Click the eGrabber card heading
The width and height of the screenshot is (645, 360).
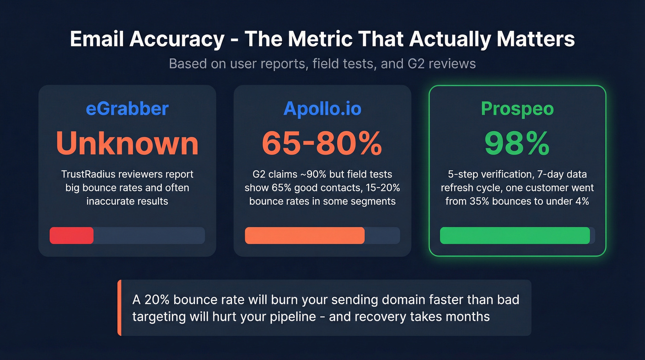pos(127,109)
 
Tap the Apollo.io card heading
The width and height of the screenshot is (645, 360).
pos(322,109)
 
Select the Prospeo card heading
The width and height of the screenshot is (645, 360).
pos(517,109)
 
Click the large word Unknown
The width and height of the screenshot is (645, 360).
pos(127,143)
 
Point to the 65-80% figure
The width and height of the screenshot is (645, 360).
pos(322,143)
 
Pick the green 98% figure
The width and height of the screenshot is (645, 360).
pos(517,143)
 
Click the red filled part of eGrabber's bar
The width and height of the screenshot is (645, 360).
pos(71,236)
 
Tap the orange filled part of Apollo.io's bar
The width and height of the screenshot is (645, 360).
pos(305,236)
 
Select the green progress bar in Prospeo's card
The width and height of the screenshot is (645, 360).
pos(515,236)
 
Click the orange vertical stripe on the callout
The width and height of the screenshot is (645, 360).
pos(119,308)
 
